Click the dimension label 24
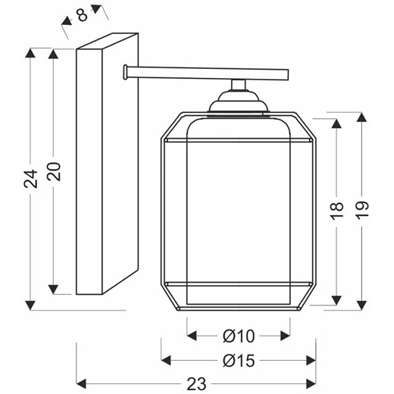pos(30,179)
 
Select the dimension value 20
pos(54,171)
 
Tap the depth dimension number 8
pos(83,15)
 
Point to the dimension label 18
pos(337,211)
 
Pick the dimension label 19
pos(362,210)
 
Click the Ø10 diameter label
pos(239,336)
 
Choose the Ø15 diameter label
pos(239,361)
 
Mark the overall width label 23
pos(196,384)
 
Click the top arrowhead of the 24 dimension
pos(30,53)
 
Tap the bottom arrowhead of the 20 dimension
pos(53,289)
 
